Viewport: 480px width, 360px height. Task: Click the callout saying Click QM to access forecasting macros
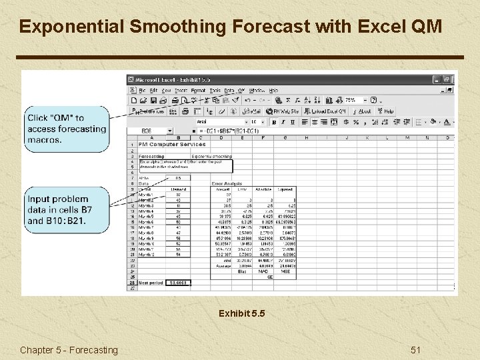67,129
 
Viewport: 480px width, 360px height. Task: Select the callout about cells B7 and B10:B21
67,209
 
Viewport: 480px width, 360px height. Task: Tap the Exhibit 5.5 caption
241,313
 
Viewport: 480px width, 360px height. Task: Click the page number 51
416,350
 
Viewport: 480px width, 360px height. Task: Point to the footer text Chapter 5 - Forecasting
69,350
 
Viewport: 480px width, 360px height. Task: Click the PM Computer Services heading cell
168,144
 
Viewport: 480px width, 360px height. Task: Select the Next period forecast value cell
178,283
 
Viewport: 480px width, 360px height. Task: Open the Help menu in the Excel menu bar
273,90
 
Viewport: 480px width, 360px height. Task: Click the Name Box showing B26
153,131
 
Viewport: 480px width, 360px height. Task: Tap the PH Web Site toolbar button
283,111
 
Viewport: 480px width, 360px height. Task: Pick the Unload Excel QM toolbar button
327,111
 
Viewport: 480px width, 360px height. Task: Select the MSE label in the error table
285,271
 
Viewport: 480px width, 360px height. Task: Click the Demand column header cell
178,189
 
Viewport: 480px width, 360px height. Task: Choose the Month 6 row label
146,221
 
